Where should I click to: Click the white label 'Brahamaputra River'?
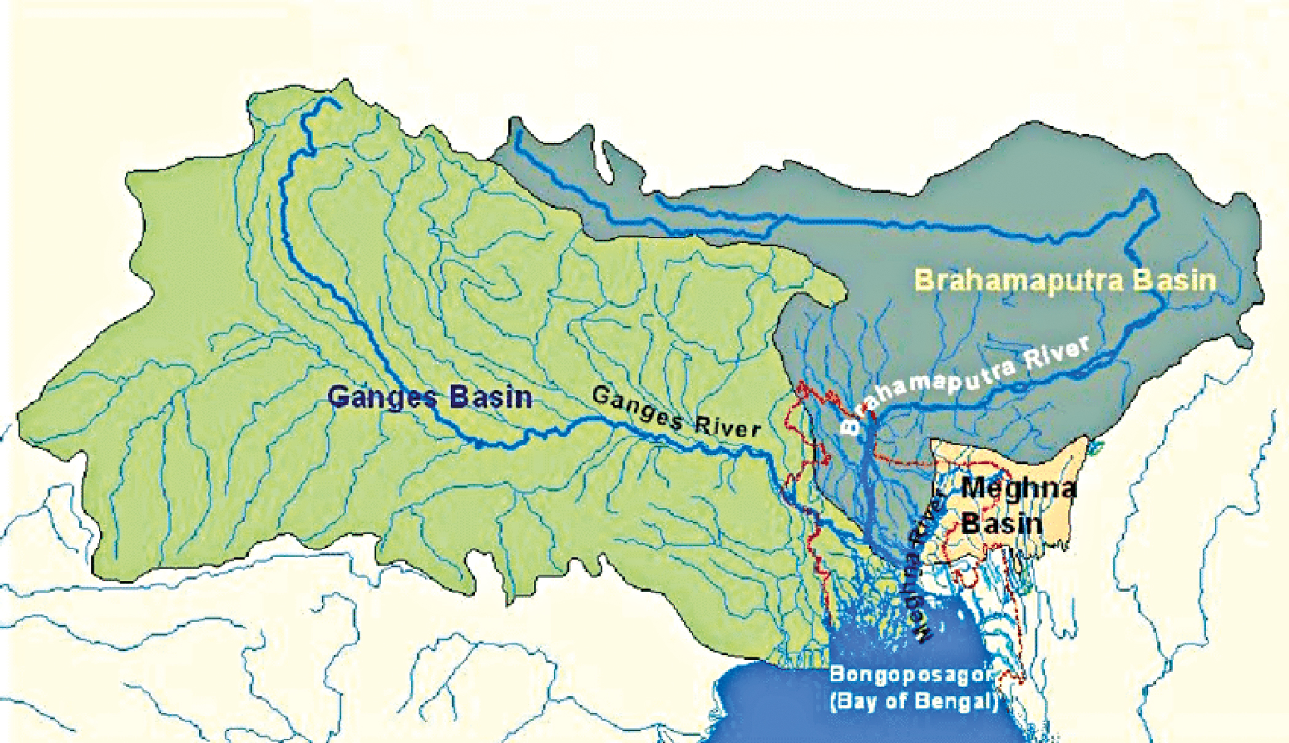point(970,380)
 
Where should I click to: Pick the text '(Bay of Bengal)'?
point(913,701)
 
